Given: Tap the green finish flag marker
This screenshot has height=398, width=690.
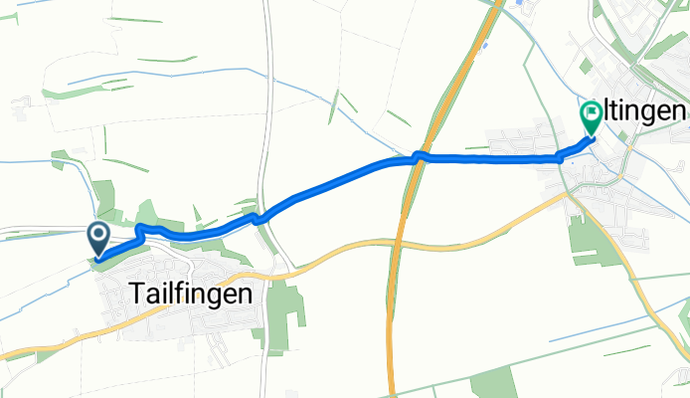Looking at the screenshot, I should pyautogui.click(x=591, y=117).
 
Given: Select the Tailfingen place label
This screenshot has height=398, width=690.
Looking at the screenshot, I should pyautogui.click(x=190, y=294).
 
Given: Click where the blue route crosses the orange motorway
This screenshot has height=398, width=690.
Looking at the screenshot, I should pyautogui.click(x=419, y=156).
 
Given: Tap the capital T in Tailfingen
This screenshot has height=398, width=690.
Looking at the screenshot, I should pyautogui.click(x=138, y=294).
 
